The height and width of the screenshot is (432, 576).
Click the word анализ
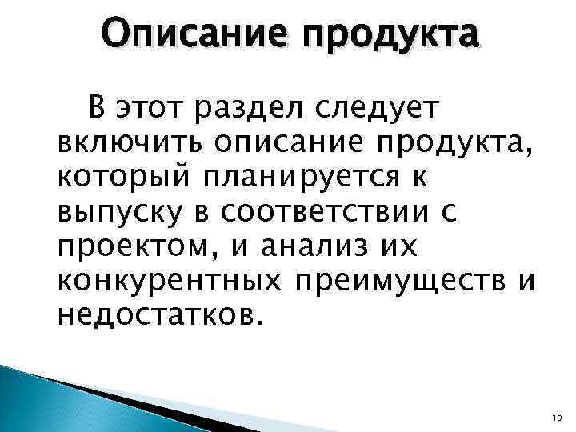[x=288, y=249]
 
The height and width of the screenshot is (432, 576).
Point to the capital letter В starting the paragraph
[x=97, y=106]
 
